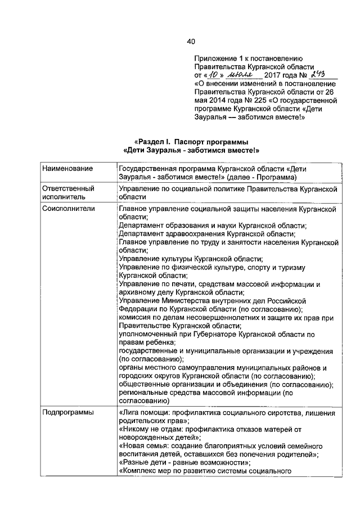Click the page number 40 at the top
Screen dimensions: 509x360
click(191, 42)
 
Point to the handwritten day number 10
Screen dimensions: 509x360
click(211, 75)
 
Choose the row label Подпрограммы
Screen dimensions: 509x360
click(65, 413)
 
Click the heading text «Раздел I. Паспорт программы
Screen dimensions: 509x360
click(191, 142)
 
